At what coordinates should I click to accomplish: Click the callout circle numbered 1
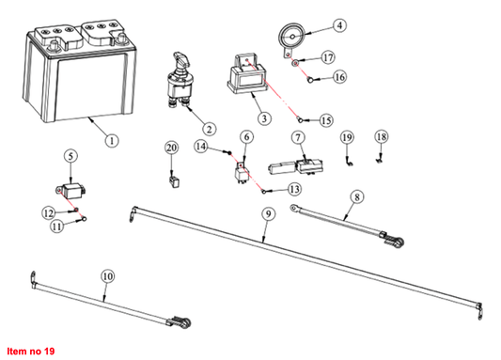click(x=112, y=141)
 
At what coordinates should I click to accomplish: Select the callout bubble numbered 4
click(x=339, y=25)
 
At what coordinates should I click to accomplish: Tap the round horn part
click(x=291, y=38)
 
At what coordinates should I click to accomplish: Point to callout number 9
click(x=268, y=213)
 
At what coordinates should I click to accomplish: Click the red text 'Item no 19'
click(x=31, y=351)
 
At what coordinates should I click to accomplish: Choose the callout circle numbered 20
click(x=172, y=148)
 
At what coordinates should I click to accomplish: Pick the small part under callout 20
click(x=174, y=182)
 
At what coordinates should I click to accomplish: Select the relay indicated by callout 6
click(x=243, y=173)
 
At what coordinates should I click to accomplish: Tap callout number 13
click(x=294, y=189)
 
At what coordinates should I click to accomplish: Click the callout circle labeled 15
click(x=326, y=120)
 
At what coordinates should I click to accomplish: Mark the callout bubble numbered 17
click(x=328, y=58)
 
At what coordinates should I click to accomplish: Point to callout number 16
click(x=339, y=77)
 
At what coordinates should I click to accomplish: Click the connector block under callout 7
click(x=295, y=167)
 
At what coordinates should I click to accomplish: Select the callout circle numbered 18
click(x=382, y=136)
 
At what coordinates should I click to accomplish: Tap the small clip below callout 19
click(x=349, y=162)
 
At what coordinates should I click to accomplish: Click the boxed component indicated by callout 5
click(x=71, y=190)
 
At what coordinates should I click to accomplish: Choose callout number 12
click(x=49, y=212)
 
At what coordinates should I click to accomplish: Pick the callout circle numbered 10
click(x=108, y=276)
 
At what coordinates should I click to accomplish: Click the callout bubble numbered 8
click(x=357, y=196)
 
